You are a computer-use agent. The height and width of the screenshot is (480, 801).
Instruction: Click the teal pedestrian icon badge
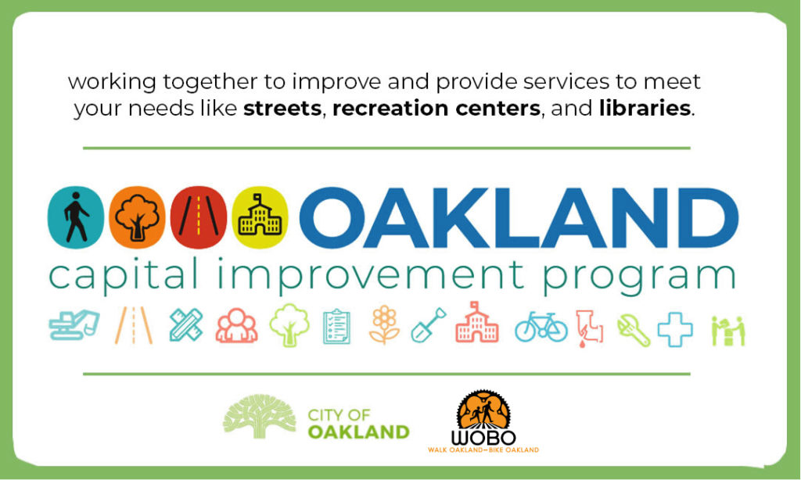click(x=76, y=217)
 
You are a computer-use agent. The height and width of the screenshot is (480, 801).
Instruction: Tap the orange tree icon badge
click(x=137, y=217)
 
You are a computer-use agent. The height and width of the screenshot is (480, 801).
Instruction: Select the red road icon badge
click(x=198, y=217)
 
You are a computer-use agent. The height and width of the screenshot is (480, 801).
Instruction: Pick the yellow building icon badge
click(x=260, y=217)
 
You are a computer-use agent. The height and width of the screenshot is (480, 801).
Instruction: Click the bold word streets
click(x=282, y=108)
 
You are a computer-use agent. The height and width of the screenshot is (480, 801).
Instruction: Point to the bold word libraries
click(x=645, y=108)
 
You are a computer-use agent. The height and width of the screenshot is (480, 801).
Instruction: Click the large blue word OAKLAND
click(x=519, y=218)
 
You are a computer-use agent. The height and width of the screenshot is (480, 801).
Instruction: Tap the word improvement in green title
click(x=370, y=277)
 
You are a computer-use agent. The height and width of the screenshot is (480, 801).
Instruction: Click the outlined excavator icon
click(x=74, y=324)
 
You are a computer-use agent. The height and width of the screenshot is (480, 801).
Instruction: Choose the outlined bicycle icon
click(x=541, y=328)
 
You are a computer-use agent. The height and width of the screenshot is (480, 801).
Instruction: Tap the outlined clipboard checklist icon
click(x=336, y=326)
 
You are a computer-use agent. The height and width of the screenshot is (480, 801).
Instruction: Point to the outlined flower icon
click(x=384, y=325)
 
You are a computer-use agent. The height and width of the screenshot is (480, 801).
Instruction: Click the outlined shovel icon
click(x=429, y=324)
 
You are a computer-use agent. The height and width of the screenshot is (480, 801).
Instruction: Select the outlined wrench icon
click(x=634, y=330)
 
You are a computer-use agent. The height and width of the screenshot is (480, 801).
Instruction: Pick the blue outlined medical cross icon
click(x=675, y=329)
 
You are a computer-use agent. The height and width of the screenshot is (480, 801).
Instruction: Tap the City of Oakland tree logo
click(x=260, y=416)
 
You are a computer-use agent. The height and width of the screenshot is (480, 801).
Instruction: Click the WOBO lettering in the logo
click(x=483, y=438)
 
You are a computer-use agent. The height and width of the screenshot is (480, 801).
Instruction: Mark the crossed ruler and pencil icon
click(x=186, y=324)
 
